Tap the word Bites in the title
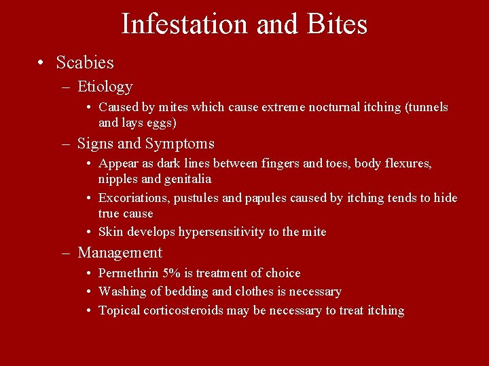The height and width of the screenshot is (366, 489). click(x=337, y=24)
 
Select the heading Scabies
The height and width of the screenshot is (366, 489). click(x=85, y=63)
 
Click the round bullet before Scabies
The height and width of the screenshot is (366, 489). click(x=42, y=63)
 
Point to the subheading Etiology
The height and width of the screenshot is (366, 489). click(x=105, y=87)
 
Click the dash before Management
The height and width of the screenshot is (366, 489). click(x=65, y=253)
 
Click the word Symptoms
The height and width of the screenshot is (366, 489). click(x=183, y=144)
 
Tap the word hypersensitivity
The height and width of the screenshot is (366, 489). click(x=221, y=232)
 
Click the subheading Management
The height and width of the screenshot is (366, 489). click(x=120, y=253)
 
